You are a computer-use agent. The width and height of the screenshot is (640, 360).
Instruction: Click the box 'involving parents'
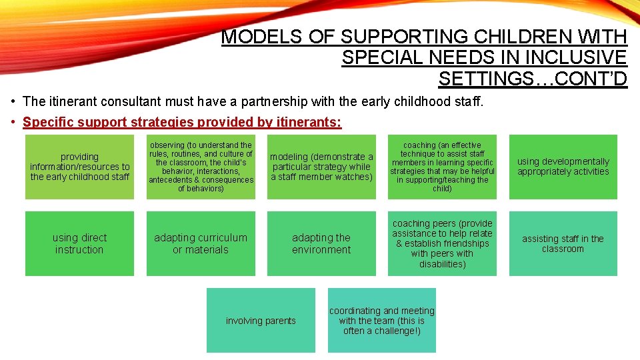tap(261, 320)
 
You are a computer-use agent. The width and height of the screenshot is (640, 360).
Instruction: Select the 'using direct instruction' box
tap(79, 243)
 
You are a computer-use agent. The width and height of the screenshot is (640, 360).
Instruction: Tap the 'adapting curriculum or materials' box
tap(201, 243)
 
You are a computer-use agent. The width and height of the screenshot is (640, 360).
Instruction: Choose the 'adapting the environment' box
tap(321, 243)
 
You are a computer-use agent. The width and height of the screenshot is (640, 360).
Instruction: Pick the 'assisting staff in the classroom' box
tap(563, 243)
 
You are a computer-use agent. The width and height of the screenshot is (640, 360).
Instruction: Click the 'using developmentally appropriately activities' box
tap(563, 167)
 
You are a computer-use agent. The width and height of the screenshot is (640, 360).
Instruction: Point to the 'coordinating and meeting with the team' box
tap(382, 320)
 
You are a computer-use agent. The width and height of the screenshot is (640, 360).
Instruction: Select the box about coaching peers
tap(442, 243)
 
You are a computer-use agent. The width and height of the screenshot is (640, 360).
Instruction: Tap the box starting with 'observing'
tap(201, 167)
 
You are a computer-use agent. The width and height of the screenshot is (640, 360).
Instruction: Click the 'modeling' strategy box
tap(321, 167)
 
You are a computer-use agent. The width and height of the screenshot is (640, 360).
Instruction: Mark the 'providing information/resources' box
tap(79, 167)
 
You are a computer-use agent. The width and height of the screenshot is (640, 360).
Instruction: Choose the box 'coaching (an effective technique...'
tap(442, 167)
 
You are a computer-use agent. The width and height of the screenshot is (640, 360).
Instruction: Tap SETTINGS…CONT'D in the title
tap(533, 79)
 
